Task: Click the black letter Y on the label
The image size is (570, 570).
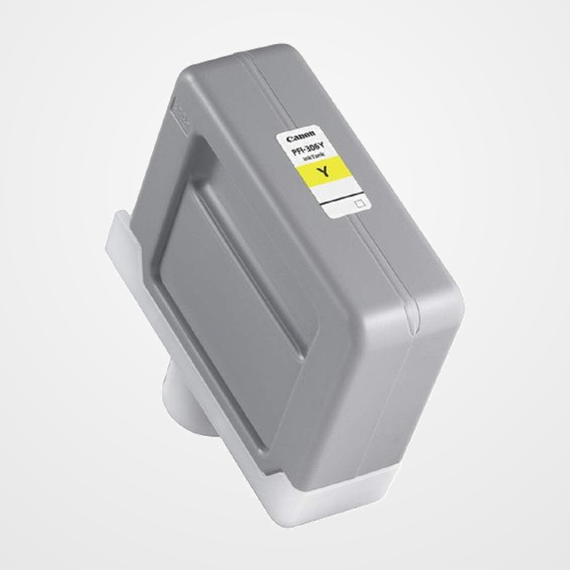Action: [322, 172]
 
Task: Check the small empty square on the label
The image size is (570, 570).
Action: [359, 204]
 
